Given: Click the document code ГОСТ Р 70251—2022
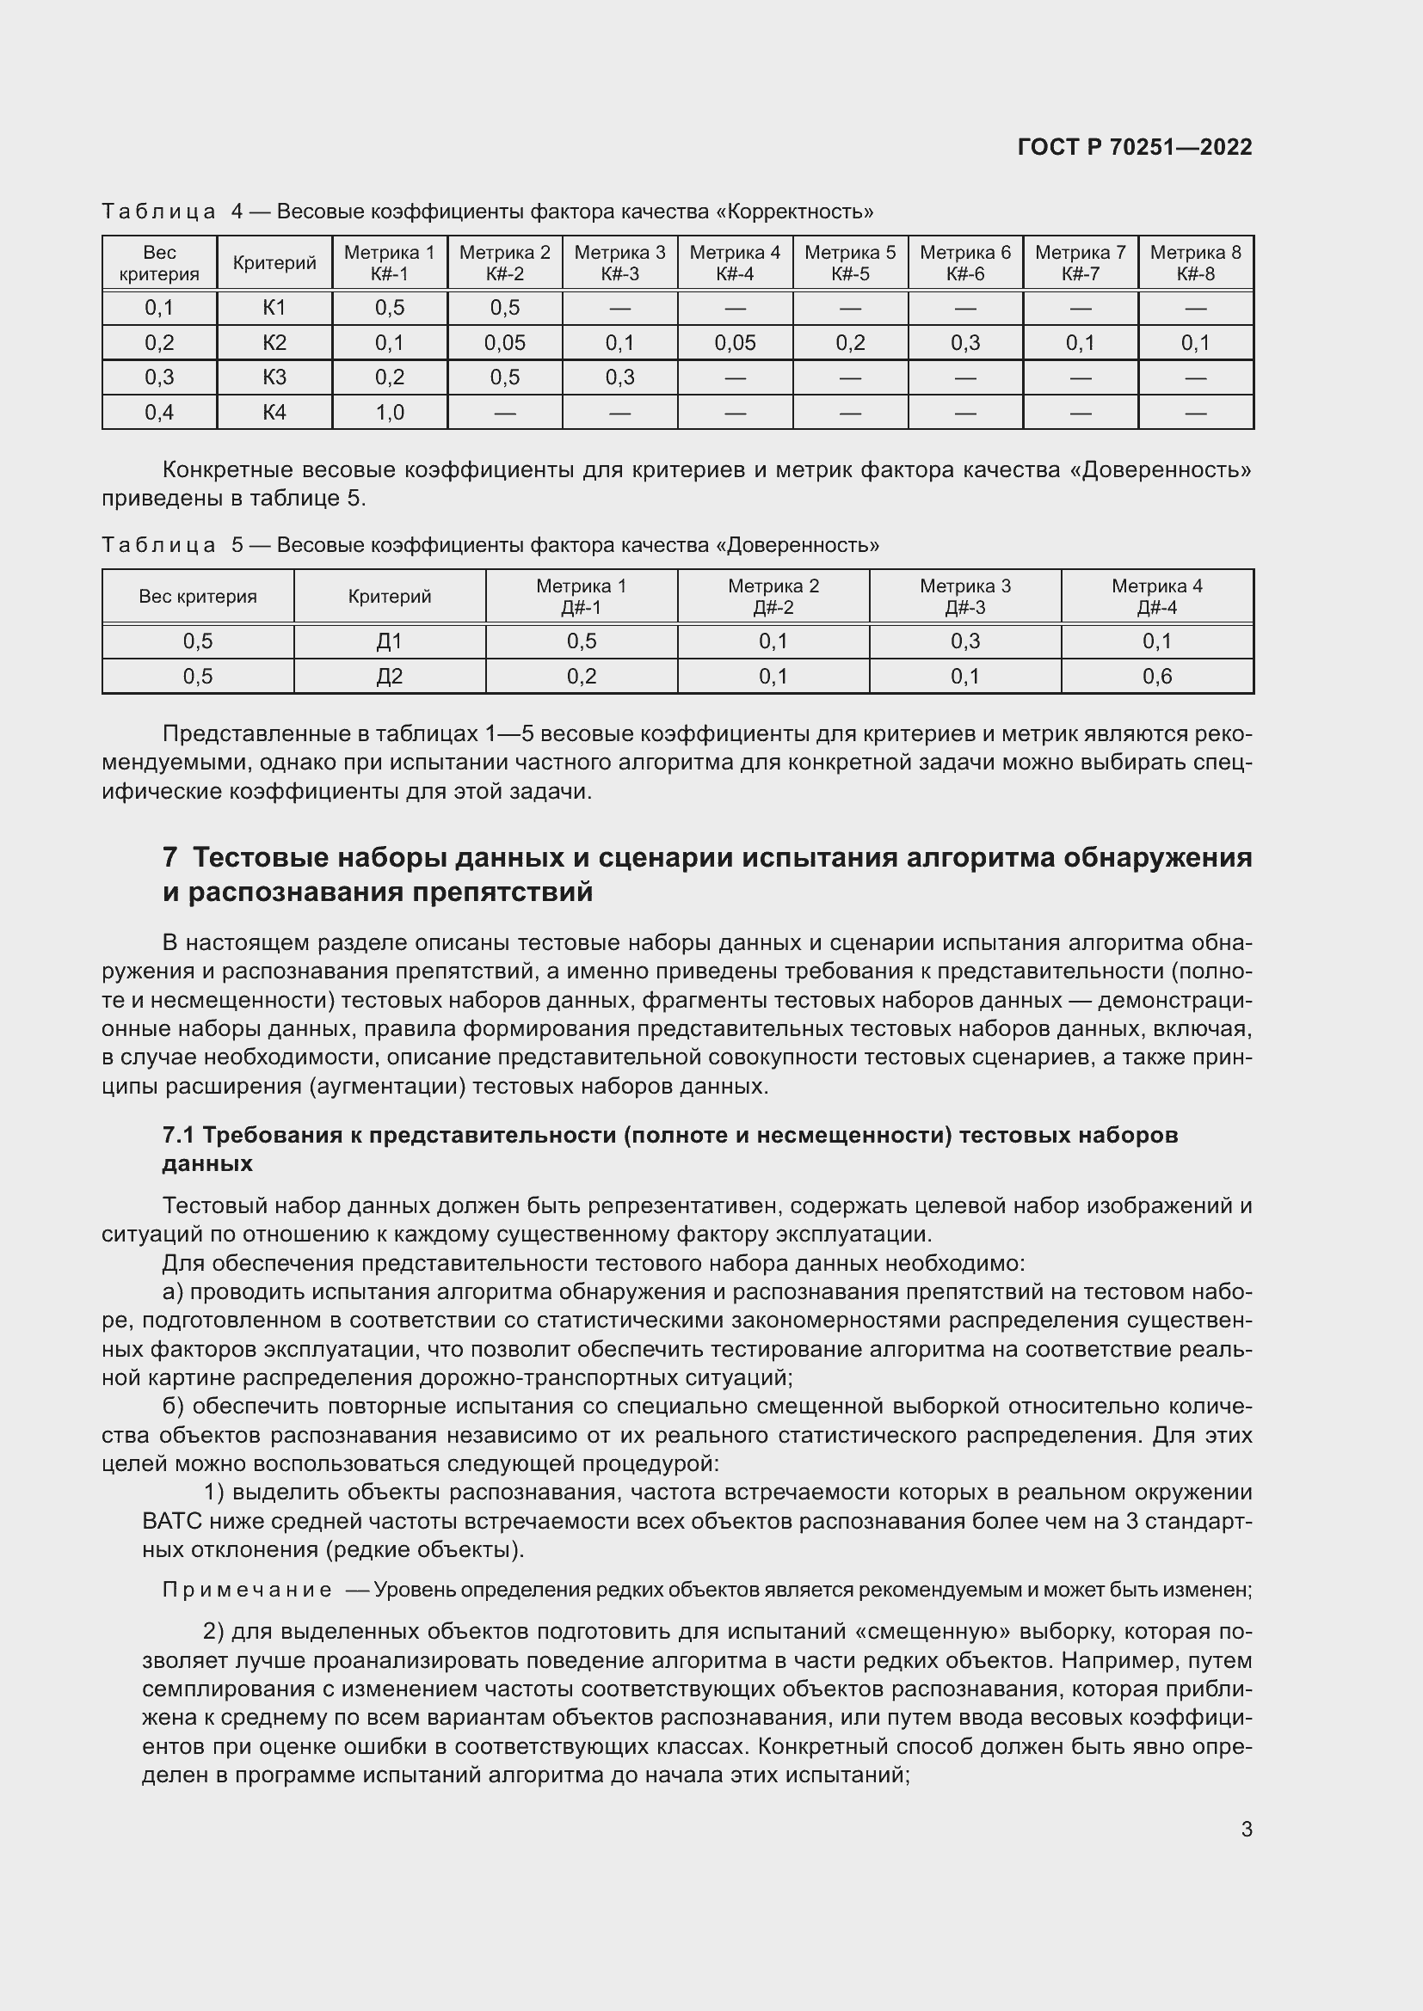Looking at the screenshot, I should pyautogui.click(x=1135, y=147).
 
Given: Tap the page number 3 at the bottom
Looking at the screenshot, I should pyautogui.click(x=1246, y=1829).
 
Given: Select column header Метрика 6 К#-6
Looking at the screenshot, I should pyautogui.click(x=964, y=263).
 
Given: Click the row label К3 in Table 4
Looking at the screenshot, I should pyautogui.click(x=274, y=377).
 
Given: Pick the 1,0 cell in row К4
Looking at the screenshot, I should pyautogui.click(x=389, y=413).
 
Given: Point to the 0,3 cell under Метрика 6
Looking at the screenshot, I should pyautogui.click(x=964, y=342).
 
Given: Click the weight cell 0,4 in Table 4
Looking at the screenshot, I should pyautogui.click(x=158, y=413).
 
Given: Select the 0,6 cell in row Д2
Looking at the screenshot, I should pyautogui.click(x=1156, y=676).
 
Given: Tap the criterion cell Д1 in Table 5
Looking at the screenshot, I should pyautogui.click(x=389, y=641).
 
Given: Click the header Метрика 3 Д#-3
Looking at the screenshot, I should pyautogui.click(x=964, y=597).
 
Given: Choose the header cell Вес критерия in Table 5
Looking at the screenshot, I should pyautogui.click(x=197, y=597).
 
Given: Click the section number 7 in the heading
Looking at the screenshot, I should pyautogui.click(x=170, y=856).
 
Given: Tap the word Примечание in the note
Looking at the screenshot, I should pyautogui.click(x=247, y=1590).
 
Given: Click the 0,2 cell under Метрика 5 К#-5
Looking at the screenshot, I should pyautogui.click(x=850, y=342).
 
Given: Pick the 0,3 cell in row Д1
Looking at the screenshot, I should pyautogui.click(x=964, y=641).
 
